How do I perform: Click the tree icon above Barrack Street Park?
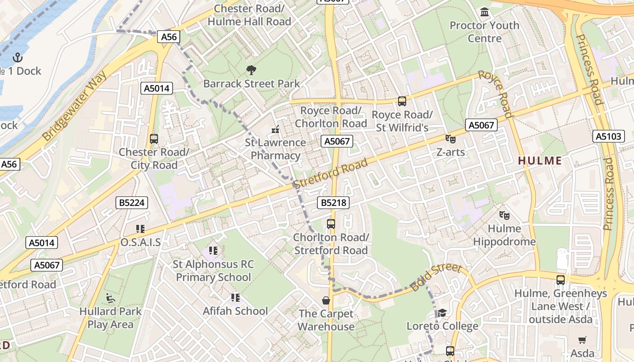pos(251,70)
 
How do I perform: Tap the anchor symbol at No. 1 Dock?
pos(18,57)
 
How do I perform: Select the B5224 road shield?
pos(132,203)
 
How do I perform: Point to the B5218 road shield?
pos(334,203)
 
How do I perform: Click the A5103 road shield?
pos(608,136)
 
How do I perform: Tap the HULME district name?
pos(539,161)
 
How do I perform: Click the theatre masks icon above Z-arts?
pos(450,139)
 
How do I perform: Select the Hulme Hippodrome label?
pos(504,235)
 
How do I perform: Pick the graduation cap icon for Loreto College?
pos(442,313)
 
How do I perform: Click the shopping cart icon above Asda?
pos(582,340)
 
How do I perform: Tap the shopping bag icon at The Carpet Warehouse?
pos(326,300)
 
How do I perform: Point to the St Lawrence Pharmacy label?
pos(275,149)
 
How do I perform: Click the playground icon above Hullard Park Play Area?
pos(110,298)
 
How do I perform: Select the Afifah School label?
pos(235,311)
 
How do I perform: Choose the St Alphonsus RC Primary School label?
pos(213,271)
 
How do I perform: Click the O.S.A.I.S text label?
pos(140,243)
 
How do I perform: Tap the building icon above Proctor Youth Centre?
pos(485,12)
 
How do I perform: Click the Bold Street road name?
pos(436,277)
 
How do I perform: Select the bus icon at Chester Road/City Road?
pos(154,139)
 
